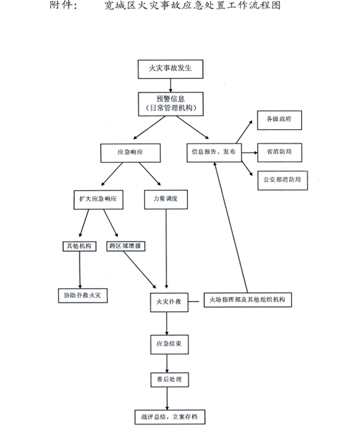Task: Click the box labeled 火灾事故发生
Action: click(x=171, y=70)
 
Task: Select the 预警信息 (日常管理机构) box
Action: click(x=171, y=104)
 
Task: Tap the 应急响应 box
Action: click(x=131, y=153)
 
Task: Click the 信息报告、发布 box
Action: click(x=214, y=153)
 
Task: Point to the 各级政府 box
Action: click(x=279, y=120)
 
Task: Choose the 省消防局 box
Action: click(x=280, y=153)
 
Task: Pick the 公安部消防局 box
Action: click(x=283, y=181)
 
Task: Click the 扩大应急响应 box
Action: click(x=98, y=199)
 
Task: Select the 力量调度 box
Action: click(x=166, y=199)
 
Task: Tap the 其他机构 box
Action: click(x=80, y=246)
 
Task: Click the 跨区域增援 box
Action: click(x=125, y=246)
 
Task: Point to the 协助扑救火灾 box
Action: click(x=82, y=295)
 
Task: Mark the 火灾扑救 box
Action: click(x=169, y=302)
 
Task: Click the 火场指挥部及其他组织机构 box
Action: click(x=247, y=300)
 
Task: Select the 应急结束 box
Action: click(x=169, y=344)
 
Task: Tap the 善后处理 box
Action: click(x=169, y=380)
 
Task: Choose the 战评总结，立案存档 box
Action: click(x=170, y=417)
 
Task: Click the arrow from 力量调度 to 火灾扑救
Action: click(x=166, y=249)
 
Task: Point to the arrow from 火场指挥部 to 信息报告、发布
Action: click(x=231, y=227)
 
